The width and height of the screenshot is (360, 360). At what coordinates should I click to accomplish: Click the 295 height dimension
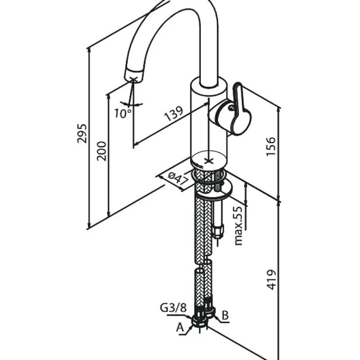[x=82, y=133]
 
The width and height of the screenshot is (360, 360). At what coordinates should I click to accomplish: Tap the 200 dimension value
[x=101, y=151]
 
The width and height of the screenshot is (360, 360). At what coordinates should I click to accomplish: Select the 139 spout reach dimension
[x=174, y=113]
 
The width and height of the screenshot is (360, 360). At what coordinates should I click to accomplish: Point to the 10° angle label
[x=123, y=113]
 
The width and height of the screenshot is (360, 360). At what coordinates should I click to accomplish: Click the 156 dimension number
[x=270, y=146]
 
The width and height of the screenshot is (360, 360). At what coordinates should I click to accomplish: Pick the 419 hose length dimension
[x=271, y=280]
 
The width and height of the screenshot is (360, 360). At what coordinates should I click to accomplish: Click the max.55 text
[x=239, y=226]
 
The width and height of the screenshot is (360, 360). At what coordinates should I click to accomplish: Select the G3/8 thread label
[x=173, y=308]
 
